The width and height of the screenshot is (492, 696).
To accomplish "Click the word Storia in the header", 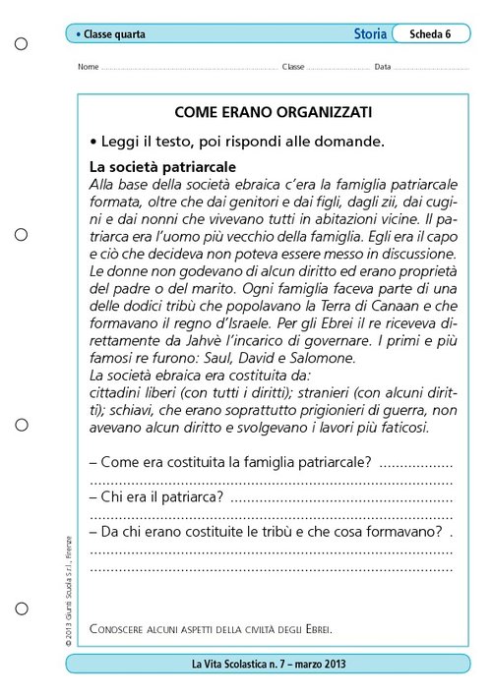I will (370, 33).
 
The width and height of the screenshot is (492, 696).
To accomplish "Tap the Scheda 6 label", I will (430, 33).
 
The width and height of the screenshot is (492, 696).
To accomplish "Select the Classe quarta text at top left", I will (112, 34).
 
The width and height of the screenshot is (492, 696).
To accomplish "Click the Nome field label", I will (87, 68).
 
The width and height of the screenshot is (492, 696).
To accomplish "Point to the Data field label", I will (383, 68).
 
